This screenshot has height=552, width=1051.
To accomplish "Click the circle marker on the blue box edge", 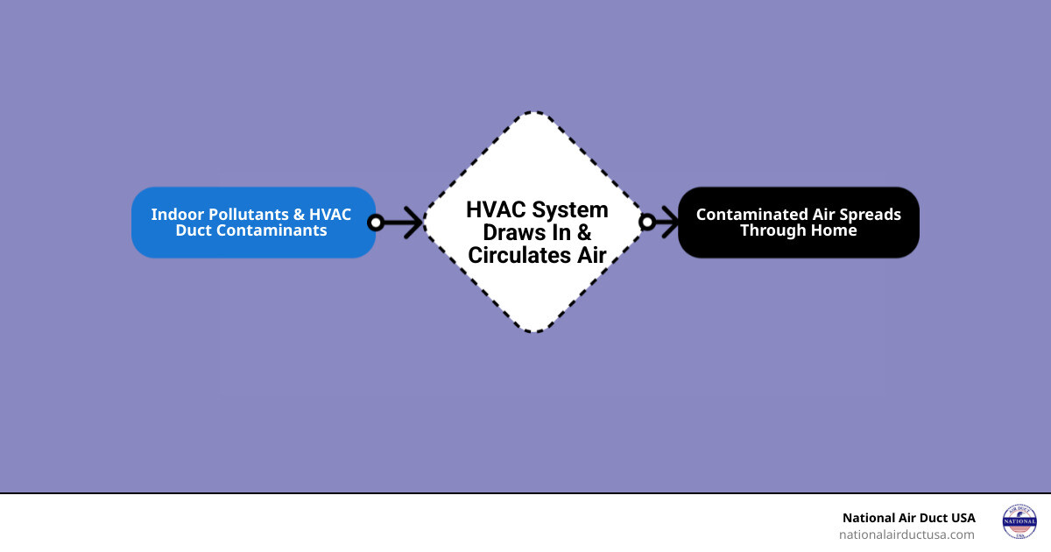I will click(376, 223).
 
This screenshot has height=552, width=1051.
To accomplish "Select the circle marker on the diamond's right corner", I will click(647, 223).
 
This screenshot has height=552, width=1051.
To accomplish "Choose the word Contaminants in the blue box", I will click(275, 230).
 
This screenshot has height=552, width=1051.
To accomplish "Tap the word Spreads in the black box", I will click(869, 215).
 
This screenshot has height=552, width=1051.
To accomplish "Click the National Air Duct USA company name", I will click(908, 518).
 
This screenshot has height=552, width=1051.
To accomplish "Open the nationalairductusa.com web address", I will click(906, 534).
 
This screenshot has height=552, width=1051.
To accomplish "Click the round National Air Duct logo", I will click(1019, 521).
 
